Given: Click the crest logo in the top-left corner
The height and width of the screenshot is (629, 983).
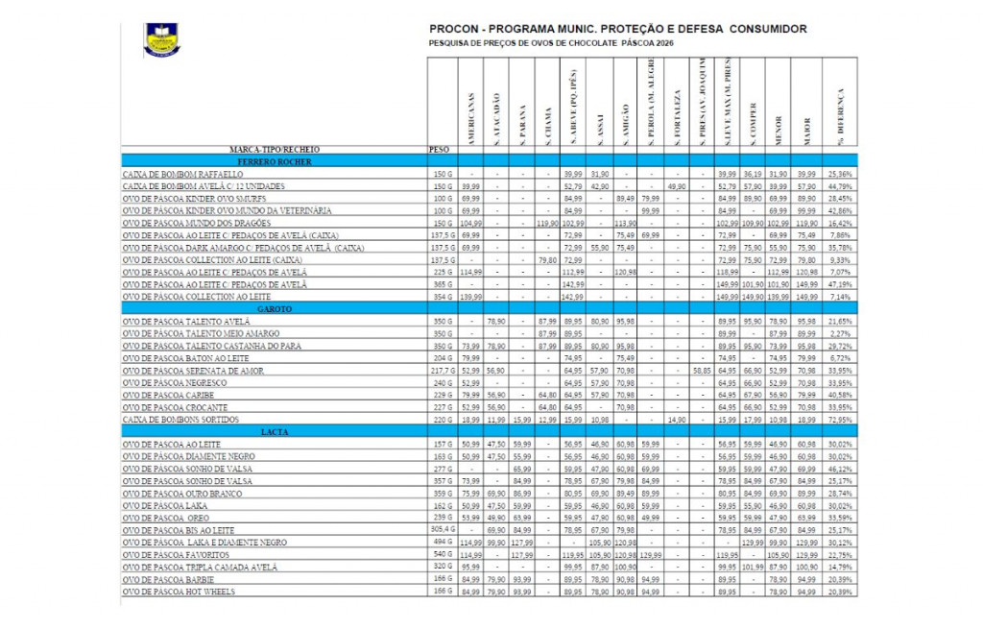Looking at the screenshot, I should tap(160, 39).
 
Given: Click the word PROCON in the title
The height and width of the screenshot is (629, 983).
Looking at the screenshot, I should tap(456, 29).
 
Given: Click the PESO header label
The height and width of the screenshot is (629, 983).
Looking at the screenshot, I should tap(438, 151).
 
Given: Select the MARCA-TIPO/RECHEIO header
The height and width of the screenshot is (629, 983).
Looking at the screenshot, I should tap(275, 151).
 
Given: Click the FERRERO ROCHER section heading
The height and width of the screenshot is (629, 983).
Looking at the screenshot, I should tap(276, 161).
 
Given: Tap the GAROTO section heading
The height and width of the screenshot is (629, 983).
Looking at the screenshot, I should tap(276, 309).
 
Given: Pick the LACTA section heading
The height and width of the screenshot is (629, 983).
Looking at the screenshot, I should tap(276, 432).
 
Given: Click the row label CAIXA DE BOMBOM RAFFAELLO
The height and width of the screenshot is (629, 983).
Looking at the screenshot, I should tap(182, 174).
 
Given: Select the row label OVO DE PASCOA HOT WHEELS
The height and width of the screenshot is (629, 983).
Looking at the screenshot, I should tap(178, 592).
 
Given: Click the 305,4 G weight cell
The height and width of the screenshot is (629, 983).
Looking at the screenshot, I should tap(441, 529).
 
